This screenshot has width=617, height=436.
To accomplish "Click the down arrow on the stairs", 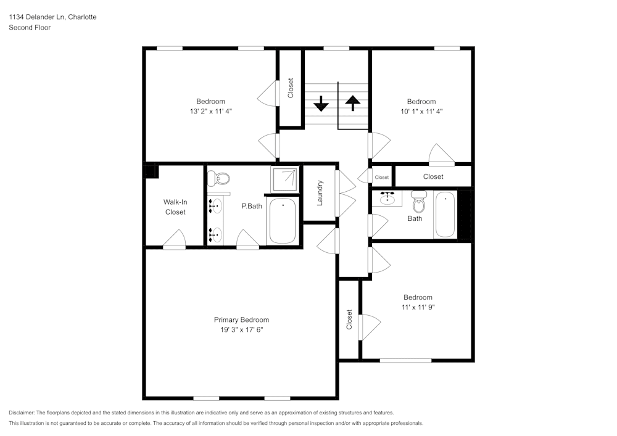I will (x=321, y=103).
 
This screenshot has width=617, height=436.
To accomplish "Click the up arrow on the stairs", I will (x=352, y=102).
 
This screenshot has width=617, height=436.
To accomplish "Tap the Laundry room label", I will (x=320, y=192).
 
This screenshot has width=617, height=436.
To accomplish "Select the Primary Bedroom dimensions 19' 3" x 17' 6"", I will (x=241, y=330).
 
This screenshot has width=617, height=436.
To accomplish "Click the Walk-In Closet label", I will (x=175, y=207).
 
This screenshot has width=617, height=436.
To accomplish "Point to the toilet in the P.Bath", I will (x=219, y=179).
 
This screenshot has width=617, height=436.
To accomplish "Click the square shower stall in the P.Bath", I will (x=284, y=179).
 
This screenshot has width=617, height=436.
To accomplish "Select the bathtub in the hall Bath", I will (x=445, y=215).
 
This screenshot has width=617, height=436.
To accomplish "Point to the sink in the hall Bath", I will (x=387, y=199).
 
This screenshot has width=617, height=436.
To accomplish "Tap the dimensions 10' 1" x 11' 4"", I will (x=421, y=112).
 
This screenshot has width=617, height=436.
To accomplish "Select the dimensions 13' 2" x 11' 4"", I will (x=210, y=112).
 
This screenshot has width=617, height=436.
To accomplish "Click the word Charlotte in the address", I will (x=82, y=17).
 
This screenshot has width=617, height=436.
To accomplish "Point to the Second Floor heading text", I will (x=30, y=28).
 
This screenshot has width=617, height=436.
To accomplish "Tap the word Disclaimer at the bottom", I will (x=24, y=413).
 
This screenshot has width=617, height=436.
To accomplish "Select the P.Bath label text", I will (x=252, y=206).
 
